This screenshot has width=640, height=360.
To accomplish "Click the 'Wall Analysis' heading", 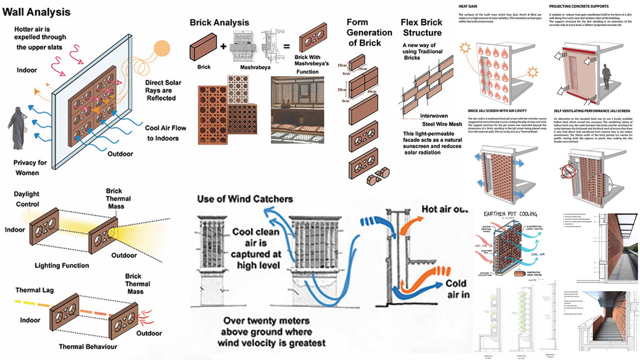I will [x=36, y=12].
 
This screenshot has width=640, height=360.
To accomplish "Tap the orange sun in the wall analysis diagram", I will [x=162, y=49].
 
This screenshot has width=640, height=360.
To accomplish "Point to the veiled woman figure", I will [x=17, y=128].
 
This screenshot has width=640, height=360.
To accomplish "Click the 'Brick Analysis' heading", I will [x=219, y=23].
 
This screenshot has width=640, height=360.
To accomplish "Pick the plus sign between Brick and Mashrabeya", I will [x=223, y=46].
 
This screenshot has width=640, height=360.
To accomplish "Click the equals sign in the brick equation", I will [x=287, y=46].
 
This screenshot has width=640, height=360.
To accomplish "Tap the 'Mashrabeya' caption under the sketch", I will [x=255, y=67].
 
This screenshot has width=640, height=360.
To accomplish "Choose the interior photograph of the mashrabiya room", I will [x=297, y=110].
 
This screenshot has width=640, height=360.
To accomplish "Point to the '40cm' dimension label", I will [x=372, y=91].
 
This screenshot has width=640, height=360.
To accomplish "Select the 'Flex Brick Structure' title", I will [x=422, y=27].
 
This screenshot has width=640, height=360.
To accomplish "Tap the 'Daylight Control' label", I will [x=27, y=199].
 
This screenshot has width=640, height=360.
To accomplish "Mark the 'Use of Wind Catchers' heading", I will [x=245, y=199].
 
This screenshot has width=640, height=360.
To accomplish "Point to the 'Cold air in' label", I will [x=458, y=289].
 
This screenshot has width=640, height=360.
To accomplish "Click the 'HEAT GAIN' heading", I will [x=468, y=6].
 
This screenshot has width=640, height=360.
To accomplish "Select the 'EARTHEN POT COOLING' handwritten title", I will [x=510, y=214].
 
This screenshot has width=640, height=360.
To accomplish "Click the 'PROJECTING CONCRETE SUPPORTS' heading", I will [x=579, y=6].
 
